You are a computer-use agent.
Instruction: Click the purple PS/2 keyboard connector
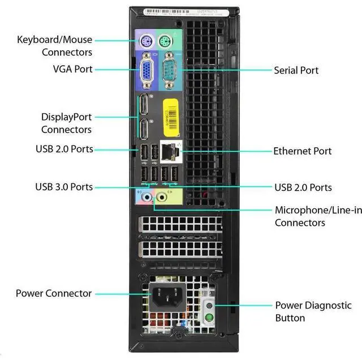point(144,41)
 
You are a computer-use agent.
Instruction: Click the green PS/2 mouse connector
point(165,41)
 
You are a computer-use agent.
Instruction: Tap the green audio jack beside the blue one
point(162,197)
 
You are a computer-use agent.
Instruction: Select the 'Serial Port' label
point(296,70)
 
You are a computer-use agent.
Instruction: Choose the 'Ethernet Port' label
point(302,151)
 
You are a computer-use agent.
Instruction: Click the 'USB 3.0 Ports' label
point(64,187)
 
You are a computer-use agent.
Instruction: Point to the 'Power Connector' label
point(53,293)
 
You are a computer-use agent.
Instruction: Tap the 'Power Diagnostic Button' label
point(313,311)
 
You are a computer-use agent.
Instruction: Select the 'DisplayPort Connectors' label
point(66,123)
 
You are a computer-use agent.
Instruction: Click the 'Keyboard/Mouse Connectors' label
point(54,46)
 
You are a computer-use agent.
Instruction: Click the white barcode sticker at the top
point(181,11)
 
